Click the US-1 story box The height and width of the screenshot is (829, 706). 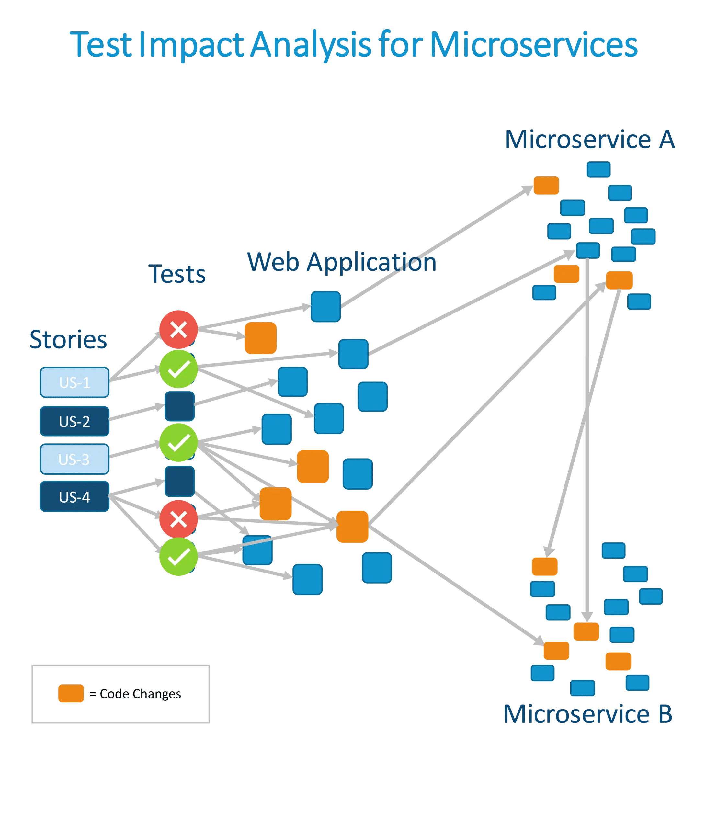tap(74, 382)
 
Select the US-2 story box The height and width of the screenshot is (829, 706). tap(74, 421)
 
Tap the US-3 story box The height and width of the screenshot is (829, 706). tap(74, 459)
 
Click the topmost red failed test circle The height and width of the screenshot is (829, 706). tap(178, 330)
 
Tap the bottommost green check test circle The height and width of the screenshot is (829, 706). tap(178, 557)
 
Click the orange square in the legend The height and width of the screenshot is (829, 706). tap(71, 693)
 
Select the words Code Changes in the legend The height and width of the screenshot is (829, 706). tap(140, 694)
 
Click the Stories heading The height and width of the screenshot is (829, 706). tap(68, 339)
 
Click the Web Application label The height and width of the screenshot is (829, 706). tap(342, 263)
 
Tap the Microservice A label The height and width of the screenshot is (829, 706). tap(589, 140)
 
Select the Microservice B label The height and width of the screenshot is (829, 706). tap(587, 714)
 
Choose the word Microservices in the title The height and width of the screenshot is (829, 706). tap(533, 45)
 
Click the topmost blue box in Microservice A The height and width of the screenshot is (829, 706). tap(598, 169)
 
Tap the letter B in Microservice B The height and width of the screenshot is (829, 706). tap(665, 714)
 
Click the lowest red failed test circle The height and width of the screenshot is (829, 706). tap(178, 519)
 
